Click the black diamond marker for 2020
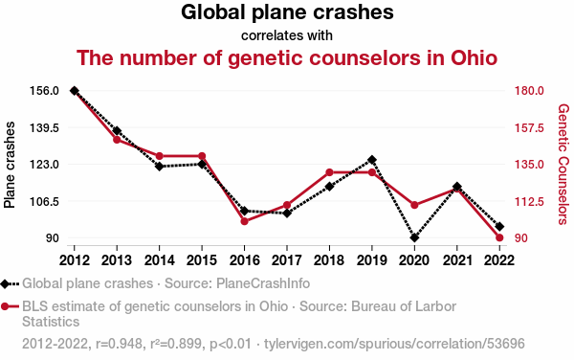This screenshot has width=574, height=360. tap(414, 237)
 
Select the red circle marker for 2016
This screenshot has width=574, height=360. tap(245, 221)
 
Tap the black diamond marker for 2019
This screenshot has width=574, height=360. tap(372, 160)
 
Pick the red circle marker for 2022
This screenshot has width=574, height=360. tap(499, 237)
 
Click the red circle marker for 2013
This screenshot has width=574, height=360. tap(117, 140)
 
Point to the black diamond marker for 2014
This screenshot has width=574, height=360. tap(159, 167)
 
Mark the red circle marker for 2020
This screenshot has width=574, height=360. tap(414, 205)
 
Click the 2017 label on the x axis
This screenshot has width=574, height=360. tap(287, 260)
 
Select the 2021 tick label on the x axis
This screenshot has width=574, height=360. tap(457, 260)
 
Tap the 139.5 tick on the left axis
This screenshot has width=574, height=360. tap(44, 127)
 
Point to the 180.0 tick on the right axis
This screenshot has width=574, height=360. tap(529, 90)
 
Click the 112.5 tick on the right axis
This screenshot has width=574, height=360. tap(529, 201)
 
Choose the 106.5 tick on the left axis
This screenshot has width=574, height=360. tap(44, 201)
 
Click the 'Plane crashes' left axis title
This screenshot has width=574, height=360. tap(10, 165)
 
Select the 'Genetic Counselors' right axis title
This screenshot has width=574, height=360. tap(563, 165)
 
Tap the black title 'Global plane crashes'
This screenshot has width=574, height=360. tap(287, 12)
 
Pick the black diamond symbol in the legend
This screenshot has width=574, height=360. tap(5, 283)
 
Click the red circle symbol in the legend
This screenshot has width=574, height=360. tap(5, 306)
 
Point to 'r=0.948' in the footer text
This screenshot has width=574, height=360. tap(119, 344)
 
